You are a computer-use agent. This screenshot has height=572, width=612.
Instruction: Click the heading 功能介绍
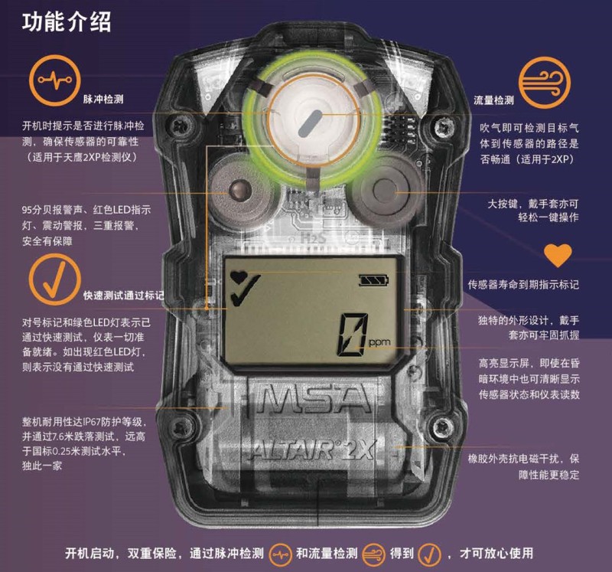point(67,21)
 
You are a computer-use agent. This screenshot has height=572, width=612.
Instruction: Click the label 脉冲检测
point(103,100)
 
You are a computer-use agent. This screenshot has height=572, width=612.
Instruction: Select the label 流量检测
point(493,100)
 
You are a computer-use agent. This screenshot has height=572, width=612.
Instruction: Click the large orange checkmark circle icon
point(54,279)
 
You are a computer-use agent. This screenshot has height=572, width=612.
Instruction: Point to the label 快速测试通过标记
point(122,295)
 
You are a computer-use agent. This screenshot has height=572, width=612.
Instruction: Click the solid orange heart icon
point(558,256)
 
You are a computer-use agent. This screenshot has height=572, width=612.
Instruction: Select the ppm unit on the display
point(379,344)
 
